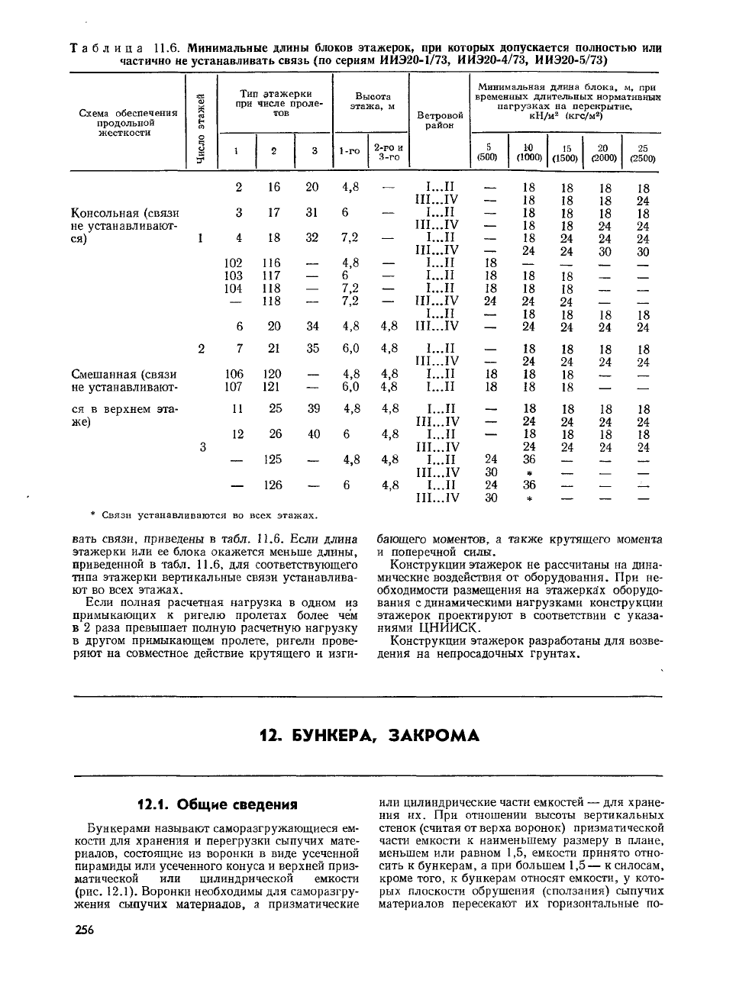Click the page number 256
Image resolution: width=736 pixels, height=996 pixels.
pos(84,930)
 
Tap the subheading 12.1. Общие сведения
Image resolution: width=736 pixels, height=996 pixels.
pos(216,804)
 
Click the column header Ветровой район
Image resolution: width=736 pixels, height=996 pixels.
pos(440,120)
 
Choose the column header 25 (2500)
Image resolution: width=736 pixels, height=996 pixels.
pos(642,153)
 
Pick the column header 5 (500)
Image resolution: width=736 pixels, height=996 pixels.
pos(487,153)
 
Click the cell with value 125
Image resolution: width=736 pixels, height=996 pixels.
pos(273,459)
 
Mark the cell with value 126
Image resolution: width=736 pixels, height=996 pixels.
pos(273,485)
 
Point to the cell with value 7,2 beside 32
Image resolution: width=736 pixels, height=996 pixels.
pos(350,237)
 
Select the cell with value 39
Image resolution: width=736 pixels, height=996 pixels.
pos(314,408)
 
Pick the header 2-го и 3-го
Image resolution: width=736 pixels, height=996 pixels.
pos(388,152)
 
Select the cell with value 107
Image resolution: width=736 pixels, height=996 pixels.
pos(234,387)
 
